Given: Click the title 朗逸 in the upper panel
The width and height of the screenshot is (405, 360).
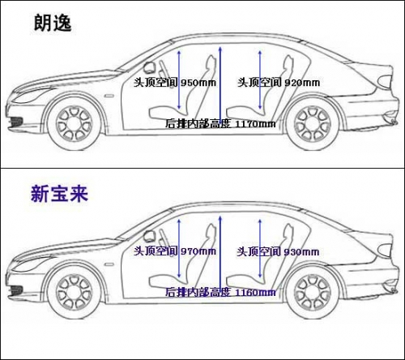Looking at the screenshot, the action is pos(53,24).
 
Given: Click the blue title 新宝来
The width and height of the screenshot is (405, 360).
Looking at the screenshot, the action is pos(59,194).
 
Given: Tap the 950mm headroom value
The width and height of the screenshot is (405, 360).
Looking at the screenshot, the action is pos(198,83).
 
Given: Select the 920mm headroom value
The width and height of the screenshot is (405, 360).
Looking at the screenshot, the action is pos(302,83).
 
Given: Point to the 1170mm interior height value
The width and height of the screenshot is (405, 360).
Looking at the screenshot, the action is pos(255,124).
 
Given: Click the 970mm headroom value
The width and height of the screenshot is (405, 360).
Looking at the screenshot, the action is pos(198,251).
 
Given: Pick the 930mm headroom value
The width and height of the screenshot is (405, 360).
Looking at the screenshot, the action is pos(301,252).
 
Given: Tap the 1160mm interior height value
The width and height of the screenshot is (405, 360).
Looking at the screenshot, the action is pos(255,293).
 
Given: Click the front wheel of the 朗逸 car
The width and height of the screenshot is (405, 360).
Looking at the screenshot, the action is pos(75,124).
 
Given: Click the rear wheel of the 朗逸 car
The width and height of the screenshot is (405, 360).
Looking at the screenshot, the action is pos(313,124).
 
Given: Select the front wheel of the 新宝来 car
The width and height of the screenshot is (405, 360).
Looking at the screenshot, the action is pos(75,293).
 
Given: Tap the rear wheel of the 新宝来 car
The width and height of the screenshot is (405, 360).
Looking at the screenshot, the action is pos(313,293).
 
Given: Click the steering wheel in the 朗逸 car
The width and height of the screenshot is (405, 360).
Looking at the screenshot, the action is pos(149,67).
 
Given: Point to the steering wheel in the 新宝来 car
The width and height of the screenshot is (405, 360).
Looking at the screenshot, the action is pos(149,236).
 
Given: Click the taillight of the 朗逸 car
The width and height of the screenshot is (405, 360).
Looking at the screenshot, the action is pos(385,82).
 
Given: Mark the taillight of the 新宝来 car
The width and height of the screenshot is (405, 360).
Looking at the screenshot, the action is pos(385,251).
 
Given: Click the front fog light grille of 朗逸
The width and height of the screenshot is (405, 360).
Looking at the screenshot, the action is pos(15,121).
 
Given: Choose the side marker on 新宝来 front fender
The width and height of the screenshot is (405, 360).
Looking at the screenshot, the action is pos(109,264).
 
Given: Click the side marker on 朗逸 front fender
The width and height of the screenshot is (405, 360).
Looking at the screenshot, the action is pos(109,96).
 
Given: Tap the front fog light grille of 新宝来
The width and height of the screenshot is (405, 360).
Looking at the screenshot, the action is pos(15,289).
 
